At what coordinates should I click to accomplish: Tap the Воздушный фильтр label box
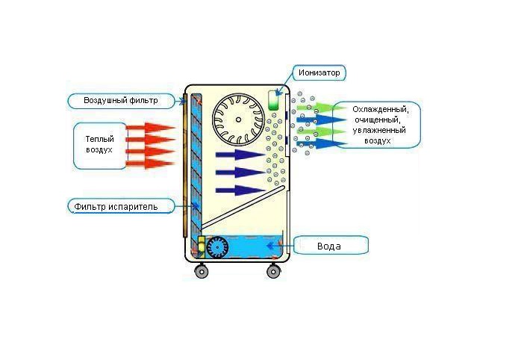click(124, 100)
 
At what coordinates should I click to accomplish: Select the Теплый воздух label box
click(99, 144)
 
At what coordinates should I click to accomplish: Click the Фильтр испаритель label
click(123, 205)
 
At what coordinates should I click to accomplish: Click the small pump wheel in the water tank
click(219, 247)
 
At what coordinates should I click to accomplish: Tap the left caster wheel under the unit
click(202, 271)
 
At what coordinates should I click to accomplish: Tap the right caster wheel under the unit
click(273, 271)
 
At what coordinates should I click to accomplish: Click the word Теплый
click(99, 139)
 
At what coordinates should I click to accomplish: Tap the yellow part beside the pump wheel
click(201, 246)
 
